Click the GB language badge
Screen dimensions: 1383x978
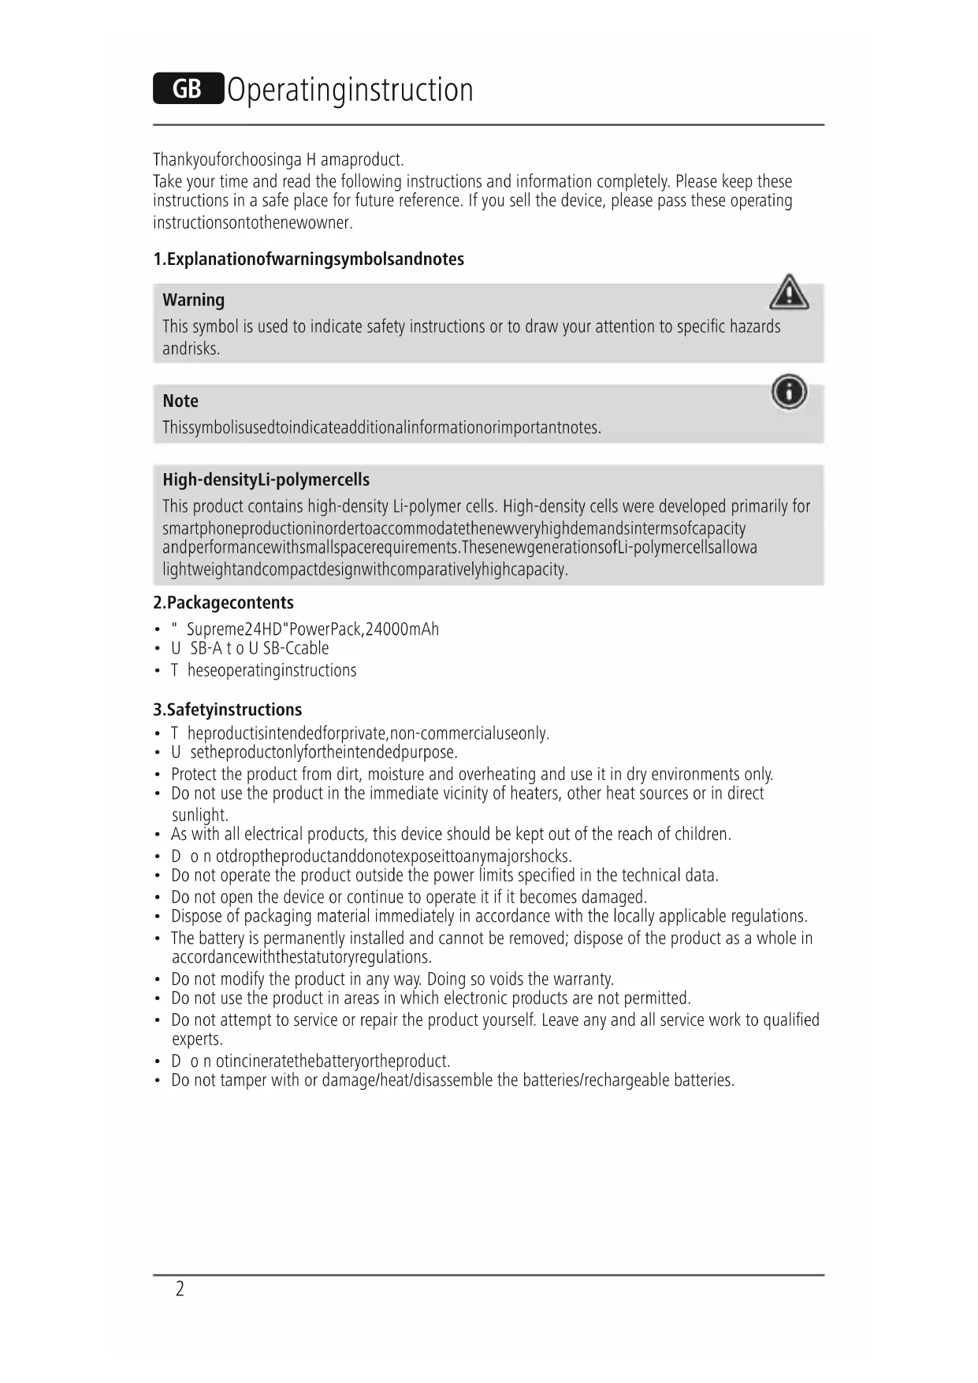pyautogui.click(x=188, y=88)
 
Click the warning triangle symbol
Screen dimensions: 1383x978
pyautogui.click(x=788, y=293)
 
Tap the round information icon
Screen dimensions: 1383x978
pyautogui.click(x=789, y=392)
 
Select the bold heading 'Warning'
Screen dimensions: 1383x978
pyautogui.click(x=193, y=300)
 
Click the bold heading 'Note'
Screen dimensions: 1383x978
pyautogui.click(x=180, y=401)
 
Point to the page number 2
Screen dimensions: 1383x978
pyautogui.click(x=180, y=1288)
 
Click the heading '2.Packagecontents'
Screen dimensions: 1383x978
pyautogui.click(x=223, y=602)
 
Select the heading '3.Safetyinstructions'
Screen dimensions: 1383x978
pyautogui.click(x=227, y=710)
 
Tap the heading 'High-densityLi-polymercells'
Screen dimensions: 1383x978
pyautogui.click(x=266, y=479)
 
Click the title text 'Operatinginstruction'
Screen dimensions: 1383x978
pyautogui.click(x=350, y=90)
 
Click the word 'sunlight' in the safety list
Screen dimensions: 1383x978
pyautogui.click(x=199, y=815)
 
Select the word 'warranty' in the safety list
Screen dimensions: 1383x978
pyautogui.click(x=583, y=979)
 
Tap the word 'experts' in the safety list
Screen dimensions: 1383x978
pyautogui.click(x=196, y=1039)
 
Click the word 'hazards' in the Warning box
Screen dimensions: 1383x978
pyautogui.click(x=754, y=326)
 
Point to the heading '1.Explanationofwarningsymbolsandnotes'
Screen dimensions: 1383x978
pyautogui.click(x=308, y=259)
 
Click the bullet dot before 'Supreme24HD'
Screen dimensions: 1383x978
pyautogui.click(x=158, y=630)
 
